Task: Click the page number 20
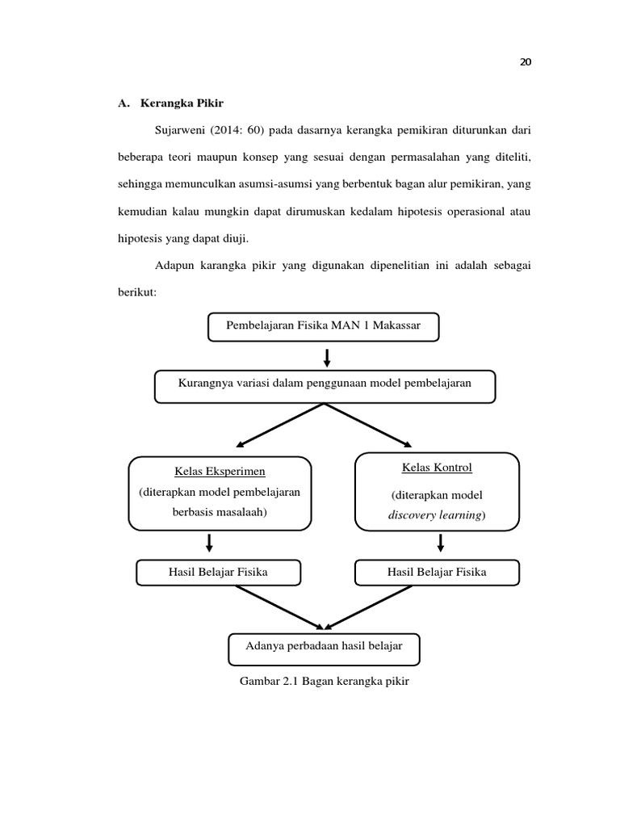(x=526, y=64)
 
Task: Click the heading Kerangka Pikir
(x=181, y=103)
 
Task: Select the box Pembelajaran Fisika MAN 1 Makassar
(x=324, y=327)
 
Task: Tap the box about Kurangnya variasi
(x=324, y=384)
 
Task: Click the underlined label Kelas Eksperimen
(x=220, y=471)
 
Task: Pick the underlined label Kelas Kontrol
(x=437, y=468)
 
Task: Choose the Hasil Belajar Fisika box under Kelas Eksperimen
(x=218, y=573)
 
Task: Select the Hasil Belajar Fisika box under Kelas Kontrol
(x=437, y=573)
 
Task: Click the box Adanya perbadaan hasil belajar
(x=324, y=645)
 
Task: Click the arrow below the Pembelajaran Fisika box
(x=326, y=356)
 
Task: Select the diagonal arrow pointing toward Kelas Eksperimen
(x=279, y=425)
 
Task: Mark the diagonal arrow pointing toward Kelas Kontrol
(x=369, y=425)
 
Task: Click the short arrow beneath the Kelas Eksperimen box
(x=209, y=542)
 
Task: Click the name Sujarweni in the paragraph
(x=179, y=130)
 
